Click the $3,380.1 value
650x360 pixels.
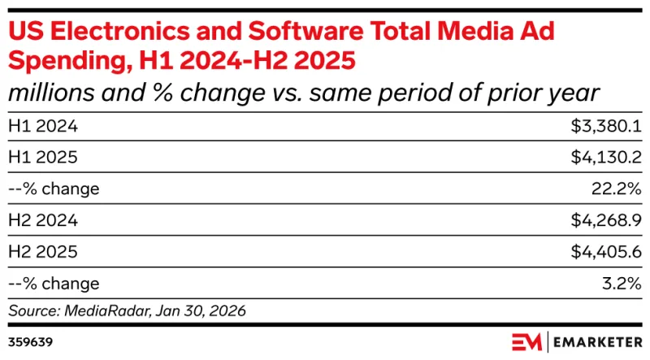point(602,126)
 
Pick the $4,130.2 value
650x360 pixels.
point(602,158)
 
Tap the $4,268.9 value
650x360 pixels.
point(602,220)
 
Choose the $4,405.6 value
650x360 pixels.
point(602,252)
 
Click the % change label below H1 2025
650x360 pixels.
point(54,189)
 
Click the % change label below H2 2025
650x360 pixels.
point(54,284)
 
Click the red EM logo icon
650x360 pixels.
point(527,340)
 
